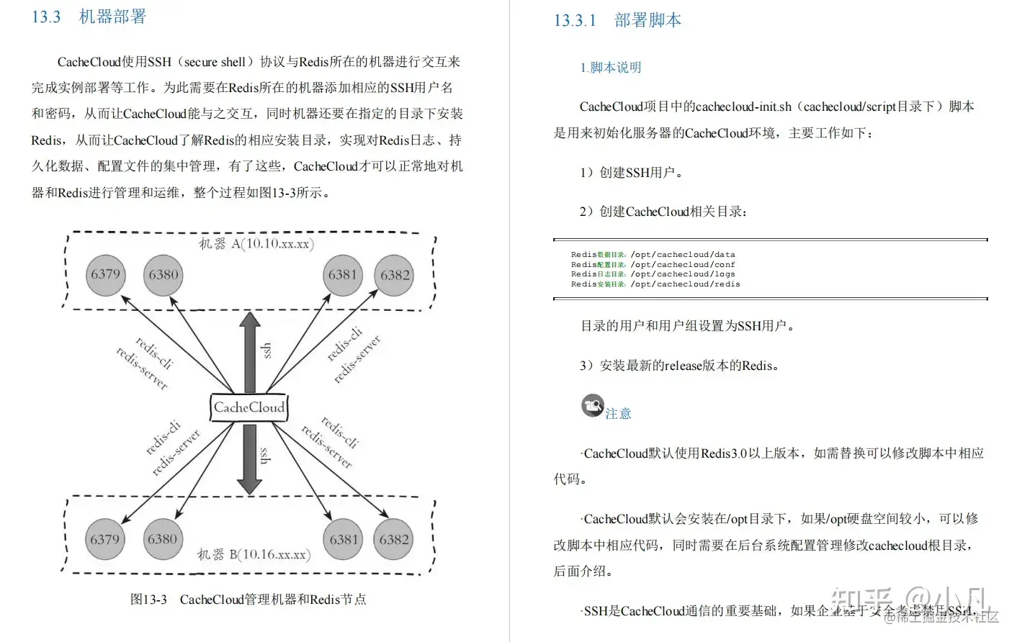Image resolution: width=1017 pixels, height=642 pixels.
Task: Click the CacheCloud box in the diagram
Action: pyautogui.click(x=249, y=407)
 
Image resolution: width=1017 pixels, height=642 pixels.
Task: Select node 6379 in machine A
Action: pyautogui.click(x=106, y=274)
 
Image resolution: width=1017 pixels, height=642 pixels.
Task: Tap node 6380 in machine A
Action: pyautogui.click(x=163, y=274)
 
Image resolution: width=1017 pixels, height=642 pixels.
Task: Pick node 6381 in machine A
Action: pyautogui.click(x=343, y=274)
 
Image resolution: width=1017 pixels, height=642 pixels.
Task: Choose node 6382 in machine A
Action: pyautogui.click(x=395, y=275)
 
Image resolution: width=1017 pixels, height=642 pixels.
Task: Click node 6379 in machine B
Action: pyautogui.click(x=105, y=539)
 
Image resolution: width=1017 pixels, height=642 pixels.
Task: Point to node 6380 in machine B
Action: pyautogui.click(x=162, y=539)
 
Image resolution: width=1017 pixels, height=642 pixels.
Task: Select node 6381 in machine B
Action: pyautogui.click(x=344, y=539)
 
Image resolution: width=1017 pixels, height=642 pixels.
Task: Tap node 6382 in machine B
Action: pyautogui.click(x=394, y=539)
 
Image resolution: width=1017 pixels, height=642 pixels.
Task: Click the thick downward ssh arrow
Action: pyautogui.click(x=249, y=458)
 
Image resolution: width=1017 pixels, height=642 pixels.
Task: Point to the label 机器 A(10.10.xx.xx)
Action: pyautogui.click(x=256, y=244)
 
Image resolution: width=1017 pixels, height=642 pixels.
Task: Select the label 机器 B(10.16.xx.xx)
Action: pyautogui.click(x=254, y=555)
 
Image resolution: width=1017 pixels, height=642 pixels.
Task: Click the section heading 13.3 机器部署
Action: pyautogui.click(x=89, y=17)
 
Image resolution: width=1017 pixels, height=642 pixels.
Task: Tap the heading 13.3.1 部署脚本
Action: pyautogui.click(x=617, y=20)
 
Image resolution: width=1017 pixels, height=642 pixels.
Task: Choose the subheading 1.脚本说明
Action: pyautogui.click(x=610, y=68)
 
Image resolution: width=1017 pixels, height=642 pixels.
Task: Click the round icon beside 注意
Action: pyautogui.click(x=593, y=406)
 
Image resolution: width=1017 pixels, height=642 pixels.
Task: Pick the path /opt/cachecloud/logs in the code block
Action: pyautogui.click(x=683, y=274)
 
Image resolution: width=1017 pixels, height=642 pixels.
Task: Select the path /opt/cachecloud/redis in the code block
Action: pyautogui.click(x=685, y=284)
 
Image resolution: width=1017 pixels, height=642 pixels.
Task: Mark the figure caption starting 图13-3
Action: pyautogui.click(x=248, y=600)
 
